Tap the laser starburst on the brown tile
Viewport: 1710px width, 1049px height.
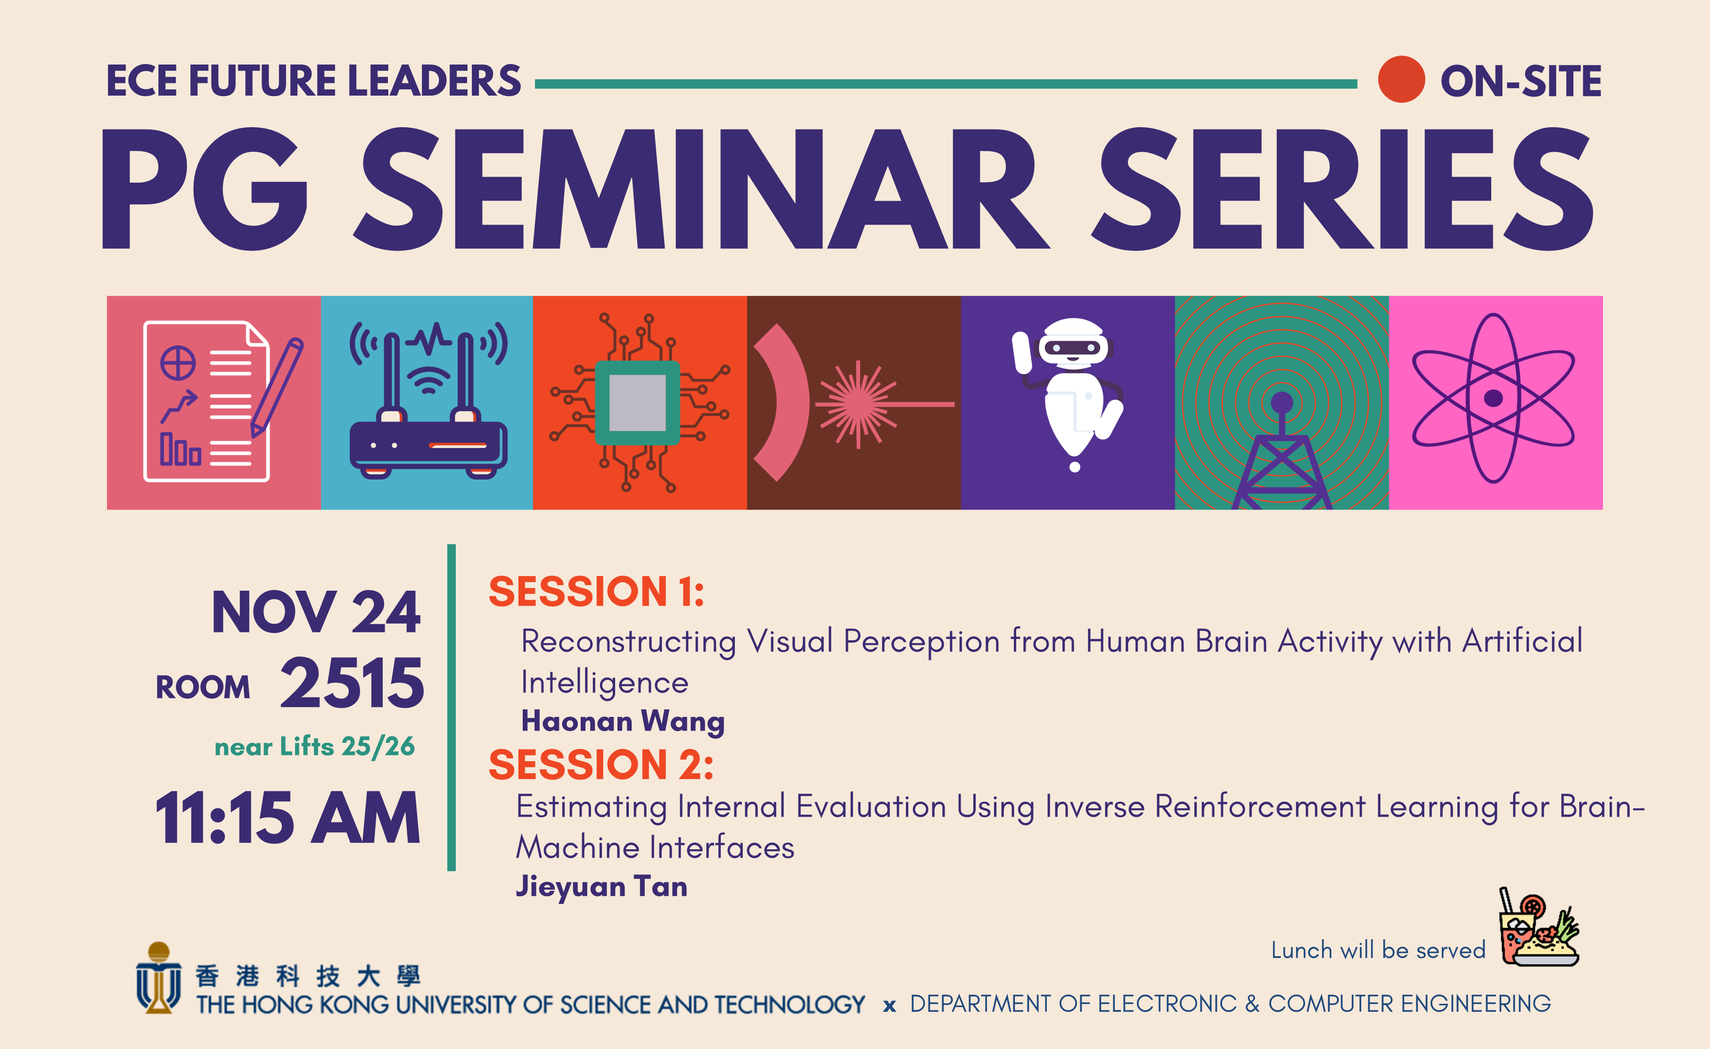point(858,404)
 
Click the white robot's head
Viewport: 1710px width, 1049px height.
point(1073,342)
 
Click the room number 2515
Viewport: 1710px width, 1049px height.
point(352,684)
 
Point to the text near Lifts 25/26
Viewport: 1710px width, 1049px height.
point(314,747)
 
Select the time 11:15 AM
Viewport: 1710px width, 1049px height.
point(288,819)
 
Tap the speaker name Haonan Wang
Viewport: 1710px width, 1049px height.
point(623,722)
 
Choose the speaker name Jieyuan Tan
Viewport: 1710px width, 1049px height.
point(601,886)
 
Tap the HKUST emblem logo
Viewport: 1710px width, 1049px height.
point(158,978)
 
